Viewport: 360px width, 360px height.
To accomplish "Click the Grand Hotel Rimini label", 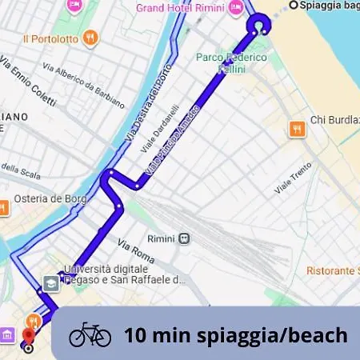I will pyautogui.click(x=180, y=8).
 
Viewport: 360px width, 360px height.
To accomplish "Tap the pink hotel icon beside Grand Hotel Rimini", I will pyautogui.click(x=236, y=7).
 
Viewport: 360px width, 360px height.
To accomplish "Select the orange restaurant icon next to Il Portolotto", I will pyautogui.click(x=92, y=38).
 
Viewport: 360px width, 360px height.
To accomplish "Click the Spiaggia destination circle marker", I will pyautogui.click(x=293, y=5).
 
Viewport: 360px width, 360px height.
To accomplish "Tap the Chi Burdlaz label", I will pyautogui.click(x=334, y=120).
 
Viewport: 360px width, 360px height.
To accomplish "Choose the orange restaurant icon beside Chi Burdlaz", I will pyautogui.click(x=298, y=128).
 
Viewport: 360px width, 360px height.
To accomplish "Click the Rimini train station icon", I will pyautogui.click(x=186, y=238).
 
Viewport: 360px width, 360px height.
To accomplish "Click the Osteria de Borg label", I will pyautogui.click(x=45, y=199).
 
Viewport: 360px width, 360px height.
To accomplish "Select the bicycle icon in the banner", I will pyautogui.click(x=90, y=334).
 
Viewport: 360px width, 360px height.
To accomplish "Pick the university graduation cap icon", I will pyautogui.click(x=51, y=282).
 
